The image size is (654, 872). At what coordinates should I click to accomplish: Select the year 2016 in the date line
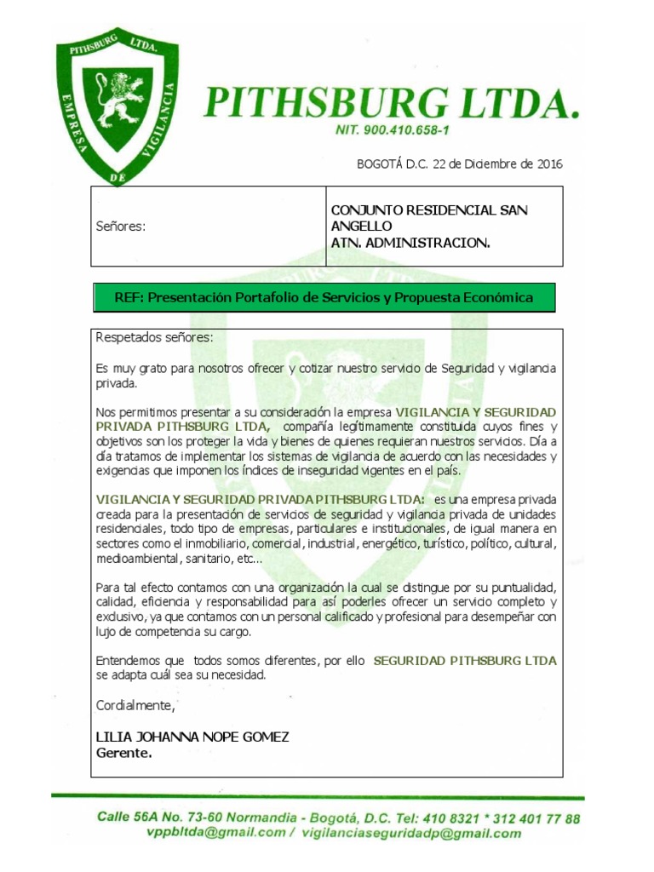pyautogui.click(x=545, y=163)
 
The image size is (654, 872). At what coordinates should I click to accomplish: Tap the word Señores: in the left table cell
pyautogui.click(x=120, y=227)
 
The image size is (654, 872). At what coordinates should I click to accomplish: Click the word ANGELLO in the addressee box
pyautogui.click(x=361, y=226)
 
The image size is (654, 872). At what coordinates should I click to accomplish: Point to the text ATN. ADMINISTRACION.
pyautogui.click(x=410, y=243)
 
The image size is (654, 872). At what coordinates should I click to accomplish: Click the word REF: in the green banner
pyautogui.click(x=132, y=297)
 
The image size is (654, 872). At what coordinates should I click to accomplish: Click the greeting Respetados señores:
pyautogui.click(x=155, y=337)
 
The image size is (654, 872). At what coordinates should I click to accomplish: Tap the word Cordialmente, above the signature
pyautogui.click(x=135, y=706)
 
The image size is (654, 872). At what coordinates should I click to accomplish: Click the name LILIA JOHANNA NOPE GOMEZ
pyautogui.click(x=192, y=737)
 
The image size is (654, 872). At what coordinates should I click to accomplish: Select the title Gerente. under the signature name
pyautogui.click(x=124, y=753)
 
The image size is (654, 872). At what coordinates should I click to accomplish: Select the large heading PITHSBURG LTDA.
pyautogui.click(x=391, y=104)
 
